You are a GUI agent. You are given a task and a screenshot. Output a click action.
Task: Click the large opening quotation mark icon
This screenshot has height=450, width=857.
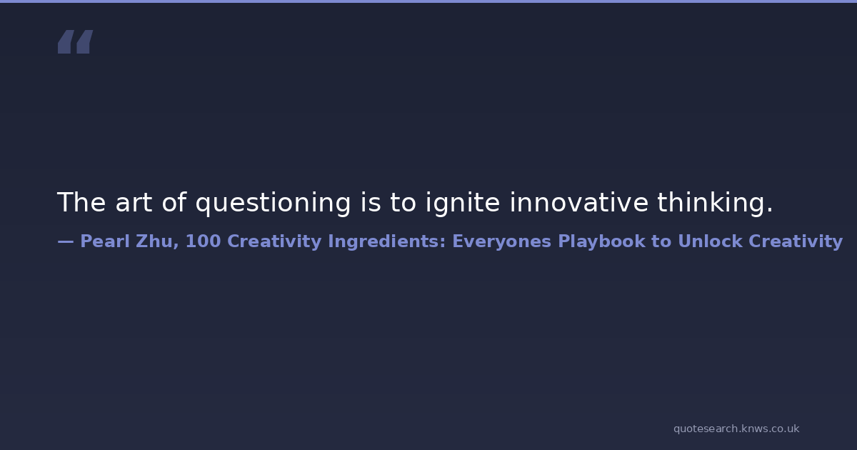(76, 41)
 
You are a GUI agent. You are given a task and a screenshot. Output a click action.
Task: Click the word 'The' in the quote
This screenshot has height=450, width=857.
(81, 202)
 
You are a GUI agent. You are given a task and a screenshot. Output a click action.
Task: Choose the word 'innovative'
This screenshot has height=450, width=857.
(579, 202)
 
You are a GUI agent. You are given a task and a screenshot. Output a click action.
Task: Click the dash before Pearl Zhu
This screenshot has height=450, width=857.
(66, 241)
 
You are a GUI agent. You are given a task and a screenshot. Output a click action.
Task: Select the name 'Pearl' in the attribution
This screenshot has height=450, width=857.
(105, 241)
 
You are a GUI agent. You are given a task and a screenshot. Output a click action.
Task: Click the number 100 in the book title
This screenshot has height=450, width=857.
(203, 241)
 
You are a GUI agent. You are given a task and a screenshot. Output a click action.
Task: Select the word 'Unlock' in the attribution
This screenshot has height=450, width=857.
(710, 241)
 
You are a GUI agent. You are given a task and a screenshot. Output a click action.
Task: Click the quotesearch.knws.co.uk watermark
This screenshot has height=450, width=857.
(736, 429)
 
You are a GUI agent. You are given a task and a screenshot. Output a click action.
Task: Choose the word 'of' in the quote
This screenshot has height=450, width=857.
(174, 202)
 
